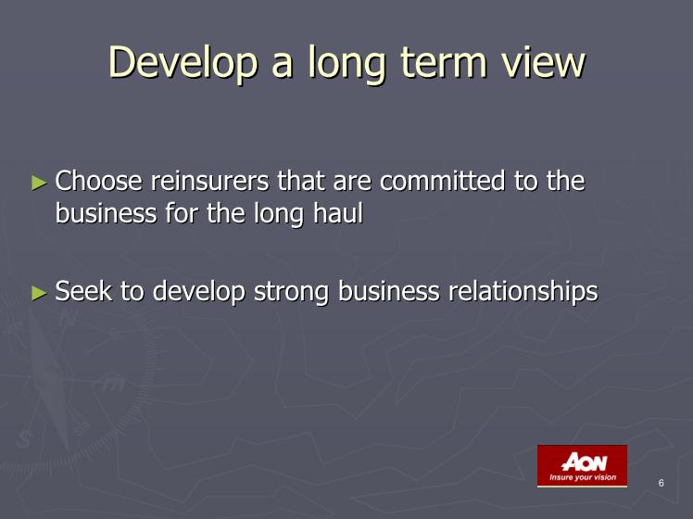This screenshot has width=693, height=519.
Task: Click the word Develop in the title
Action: click(183, 63)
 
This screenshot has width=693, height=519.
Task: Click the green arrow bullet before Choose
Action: click(39, 183)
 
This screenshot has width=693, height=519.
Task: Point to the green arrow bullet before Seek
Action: click(39, 293)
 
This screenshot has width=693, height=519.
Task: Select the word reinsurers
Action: click(210, 181)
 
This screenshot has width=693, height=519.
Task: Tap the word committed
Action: click(442, 181)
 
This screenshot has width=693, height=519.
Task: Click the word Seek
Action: click(83, 291)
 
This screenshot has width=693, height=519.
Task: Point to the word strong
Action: click(291, 292)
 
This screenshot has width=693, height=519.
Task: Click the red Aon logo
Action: click(582, 466)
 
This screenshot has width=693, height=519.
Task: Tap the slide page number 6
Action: click(661, 483)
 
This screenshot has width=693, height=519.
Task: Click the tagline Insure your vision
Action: click(583, 477)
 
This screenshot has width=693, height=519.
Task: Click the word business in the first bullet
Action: click(106, 213)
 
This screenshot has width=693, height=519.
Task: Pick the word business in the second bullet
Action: click(389, 291)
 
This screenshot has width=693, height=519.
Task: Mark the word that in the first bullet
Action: click(301, 181)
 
